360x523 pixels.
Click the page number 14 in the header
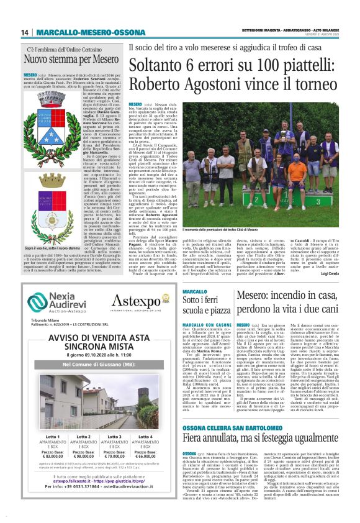(x=25, y=32)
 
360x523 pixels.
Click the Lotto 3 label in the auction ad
(x=114, y=438)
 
